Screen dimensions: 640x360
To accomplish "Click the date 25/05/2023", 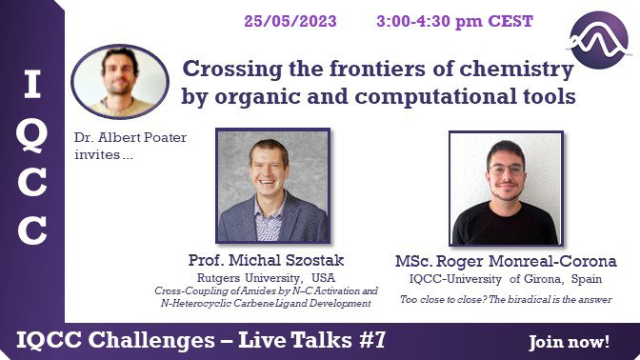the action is (290, 21).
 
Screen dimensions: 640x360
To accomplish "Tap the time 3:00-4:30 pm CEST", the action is (454, 21).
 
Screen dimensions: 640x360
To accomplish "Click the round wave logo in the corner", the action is (599, 40).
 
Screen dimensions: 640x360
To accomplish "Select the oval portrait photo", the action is (120, 82).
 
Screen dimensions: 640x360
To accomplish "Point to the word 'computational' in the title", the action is (443, 97).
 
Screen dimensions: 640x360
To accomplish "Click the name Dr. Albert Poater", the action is (130, 137).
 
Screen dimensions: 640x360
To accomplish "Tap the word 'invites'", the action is (97, 154).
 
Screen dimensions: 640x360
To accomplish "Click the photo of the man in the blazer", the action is (273, 186).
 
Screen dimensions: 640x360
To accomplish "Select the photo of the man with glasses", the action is (506, 189).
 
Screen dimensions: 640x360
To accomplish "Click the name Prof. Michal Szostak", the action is (266, 260).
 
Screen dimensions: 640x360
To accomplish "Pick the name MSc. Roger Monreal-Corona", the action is (506, 262).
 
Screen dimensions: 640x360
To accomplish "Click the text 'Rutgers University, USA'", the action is (266, 278).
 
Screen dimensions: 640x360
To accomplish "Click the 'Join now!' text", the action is (569, 342).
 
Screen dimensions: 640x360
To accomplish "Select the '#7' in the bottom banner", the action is (371, 340).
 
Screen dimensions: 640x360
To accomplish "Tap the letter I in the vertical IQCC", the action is (32, 84).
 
